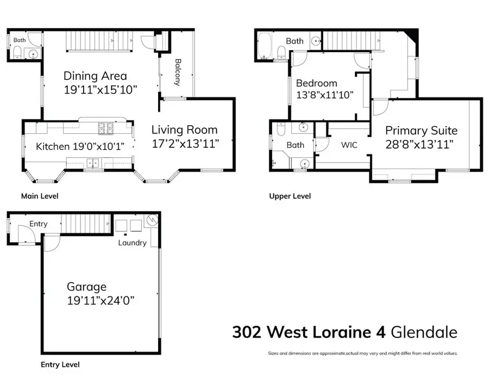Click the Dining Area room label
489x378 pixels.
[95, 76]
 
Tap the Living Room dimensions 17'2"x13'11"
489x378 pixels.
[184, 144]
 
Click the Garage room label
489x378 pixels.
[86, 287]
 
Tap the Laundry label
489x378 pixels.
[132, 243]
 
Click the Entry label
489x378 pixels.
[39, 224]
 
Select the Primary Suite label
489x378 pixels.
[421, 131]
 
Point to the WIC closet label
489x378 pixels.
[349, 145]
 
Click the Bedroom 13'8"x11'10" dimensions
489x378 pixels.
[325, 95]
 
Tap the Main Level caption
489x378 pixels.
[39, 196]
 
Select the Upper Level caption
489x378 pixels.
[290, 196]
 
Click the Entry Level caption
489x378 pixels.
[60, 364]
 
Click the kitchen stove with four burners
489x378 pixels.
[105, 128]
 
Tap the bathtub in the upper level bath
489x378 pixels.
[266, 46]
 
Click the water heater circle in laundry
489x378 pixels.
[152, 221]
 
